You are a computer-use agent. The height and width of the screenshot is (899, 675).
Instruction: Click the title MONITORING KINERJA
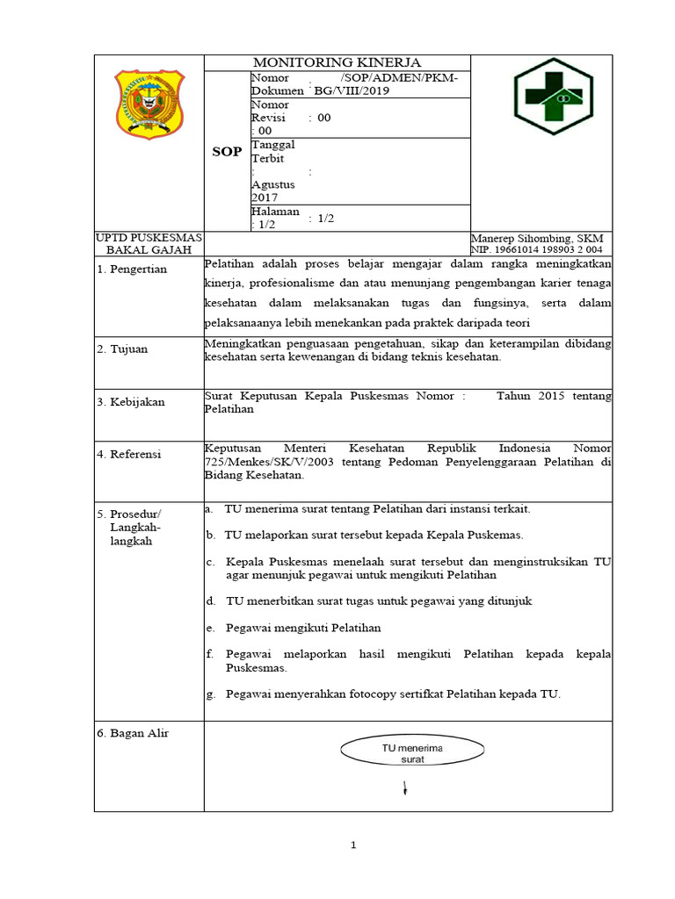(x=337, y=62)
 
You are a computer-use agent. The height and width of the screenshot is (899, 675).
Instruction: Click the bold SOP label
(x=227, y=152)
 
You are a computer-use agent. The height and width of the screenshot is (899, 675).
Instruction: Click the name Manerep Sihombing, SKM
(x=537, y=239)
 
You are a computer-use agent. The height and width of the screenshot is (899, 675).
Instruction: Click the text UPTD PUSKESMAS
(x=149, y=239)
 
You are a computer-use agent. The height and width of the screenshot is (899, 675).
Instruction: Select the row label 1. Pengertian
(x=133, y=270)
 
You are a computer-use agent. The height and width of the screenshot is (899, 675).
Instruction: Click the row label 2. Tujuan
(x=123, y=349)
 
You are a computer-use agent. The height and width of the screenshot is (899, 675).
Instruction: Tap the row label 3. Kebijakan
(x=132, y=402)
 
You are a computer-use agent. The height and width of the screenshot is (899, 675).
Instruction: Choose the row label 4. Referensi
(x=130, y=454)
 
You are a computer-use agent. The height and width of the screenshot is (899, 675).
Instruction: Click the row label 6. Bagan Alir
(x=133, y=733)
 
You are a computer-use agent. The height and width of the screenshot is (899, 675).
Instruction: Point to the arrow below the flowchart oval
(x=404, y=788)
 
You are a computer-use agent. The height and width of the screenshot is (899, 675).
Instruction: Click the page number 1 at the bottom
(x=352, y=845)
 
